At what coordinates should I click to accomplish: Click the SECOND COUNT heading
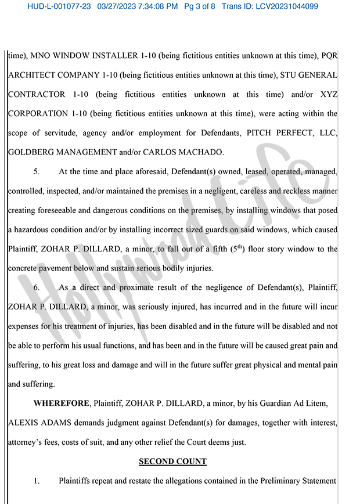172,462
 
